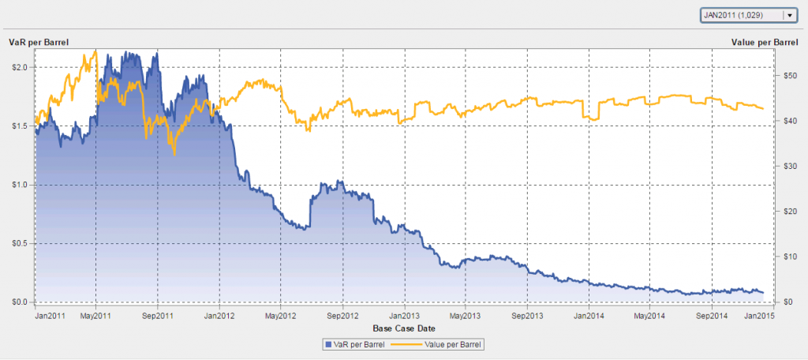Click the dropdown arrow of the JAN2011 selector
pyautogui.click(x=788, y=15)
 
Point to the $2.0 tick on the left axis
pyautogui.click(x=19, y=67)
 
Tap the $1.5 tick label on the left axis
pyautogui.click(x=19, y=126)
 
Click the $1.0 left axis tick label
pyautogui.click(x=19, y=185)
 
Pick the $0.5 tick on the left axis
pyautogui.click(x=19, y=243)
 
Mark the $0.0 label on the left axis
pyautogui.click(x=19, y=302)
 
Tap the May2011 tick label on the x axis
pyautogui.click(x=95, y=316)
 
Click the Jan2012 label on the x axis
pyautogui.click(x=219, y=316)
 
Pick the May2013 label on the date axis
pyautogui.click(x=465, y=316)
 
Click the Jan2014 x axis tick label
pyautogui.click(x=589, y=316)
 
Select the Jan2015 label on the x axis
pyautogui.click(x=758, y=316)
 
